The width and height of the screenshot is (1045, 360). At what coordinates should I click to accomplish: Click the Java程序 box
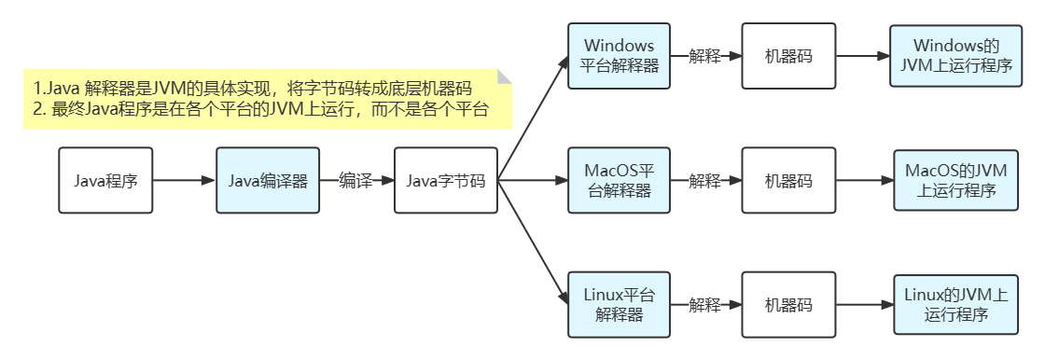105,181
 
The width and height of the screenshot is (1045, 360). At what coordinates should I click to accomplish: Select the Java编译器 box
268,181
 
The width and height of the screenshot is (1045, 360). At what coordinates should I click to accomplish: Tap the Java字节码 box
445,181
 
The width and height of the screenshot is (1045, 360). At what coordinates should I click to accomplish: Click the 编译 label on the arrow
355,181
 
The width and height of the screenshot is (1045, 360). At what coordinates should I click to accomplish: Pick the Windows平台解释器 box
619,56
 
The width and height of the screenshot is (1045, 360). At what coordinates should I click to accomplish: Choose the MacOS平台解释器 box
619,181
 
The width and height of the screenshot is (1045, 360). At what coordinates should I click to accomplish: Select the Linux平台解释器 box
619,305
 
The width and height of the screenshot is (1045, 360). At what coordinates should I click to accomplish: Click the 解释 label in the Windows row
704,56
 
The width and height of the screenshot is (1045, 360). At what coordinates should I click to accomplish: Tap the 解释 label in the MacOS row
704,181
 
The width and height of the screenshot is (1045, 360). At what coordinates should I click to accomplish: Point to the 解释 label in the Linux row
704,305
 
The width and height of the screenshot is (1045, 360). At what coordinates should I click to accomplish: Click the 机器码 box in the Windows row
788,56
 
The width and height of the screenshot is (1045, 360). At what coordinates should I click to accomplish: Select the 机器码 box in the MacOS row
788,181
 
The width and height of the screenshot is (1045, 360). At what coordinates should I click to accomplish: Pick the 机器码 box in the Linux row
788,305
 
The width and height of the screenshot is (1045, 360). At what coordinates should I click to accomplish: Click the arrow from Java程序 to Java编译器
184,181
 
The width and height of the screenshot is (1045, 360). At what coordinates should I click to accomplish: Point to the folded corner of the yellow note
505,76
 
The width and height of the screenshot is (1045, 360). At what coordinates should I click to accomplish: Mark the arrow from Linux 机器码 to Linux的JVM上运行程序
864,305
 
